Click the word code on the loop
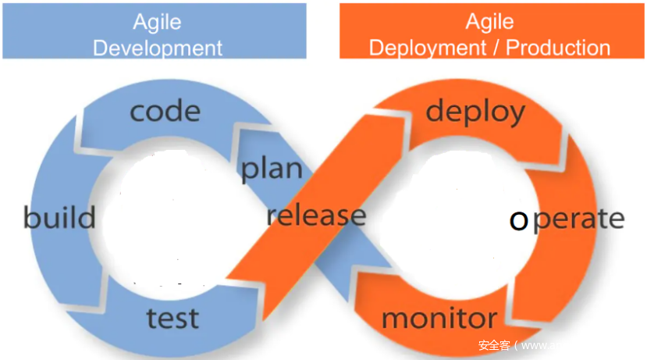[x=165, y=111]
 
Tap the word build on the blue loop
[x=59, y=217]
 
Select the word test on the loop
[x=172, y=318]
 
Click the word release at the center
[x=316, y=215]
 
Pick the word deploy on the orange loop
[x=475, y=112]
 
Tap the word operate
[x=567, y=219]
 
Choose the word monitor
[x=439, y=318]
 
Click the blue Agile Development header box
[x=154, y=31]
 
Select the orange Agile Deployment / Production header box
[x=489, y=31]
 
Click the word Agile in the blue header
[x=158, y=21]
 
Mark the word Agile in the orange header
[x=489, y=21]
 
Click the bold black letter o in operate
[x=518, y=221]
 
